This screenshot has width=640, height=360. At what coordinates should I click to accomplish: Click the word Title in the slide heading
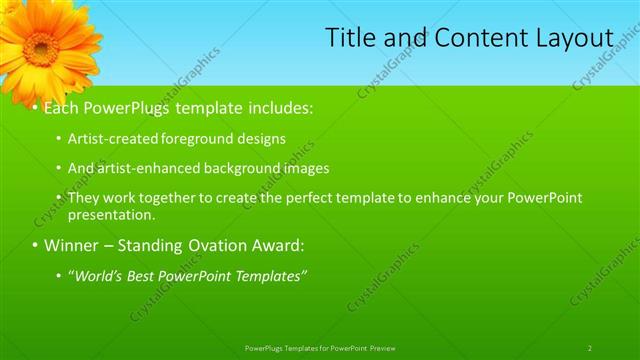[350, 38]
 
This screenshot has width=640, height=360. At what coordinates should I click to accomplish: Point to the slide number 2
[590, 348]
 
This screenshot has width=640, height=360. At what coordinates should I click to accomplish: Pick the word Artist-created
[113, 139]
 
